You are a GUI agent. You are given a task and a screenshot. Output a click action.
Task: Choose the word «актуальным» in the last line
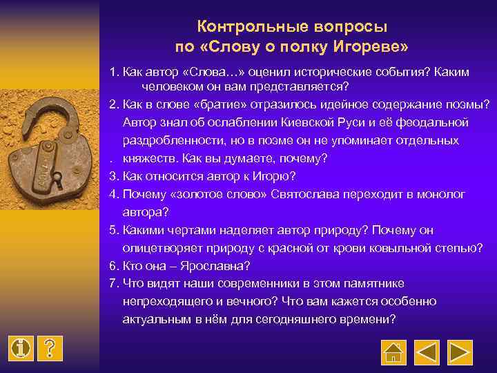(x=155, y=320)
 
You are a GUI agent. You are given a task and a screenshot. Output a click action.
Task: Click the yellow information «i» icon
(x=22, y=349)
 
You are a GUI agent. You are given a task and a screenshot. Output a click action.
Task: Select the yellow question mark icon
(x=50, y=349)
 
